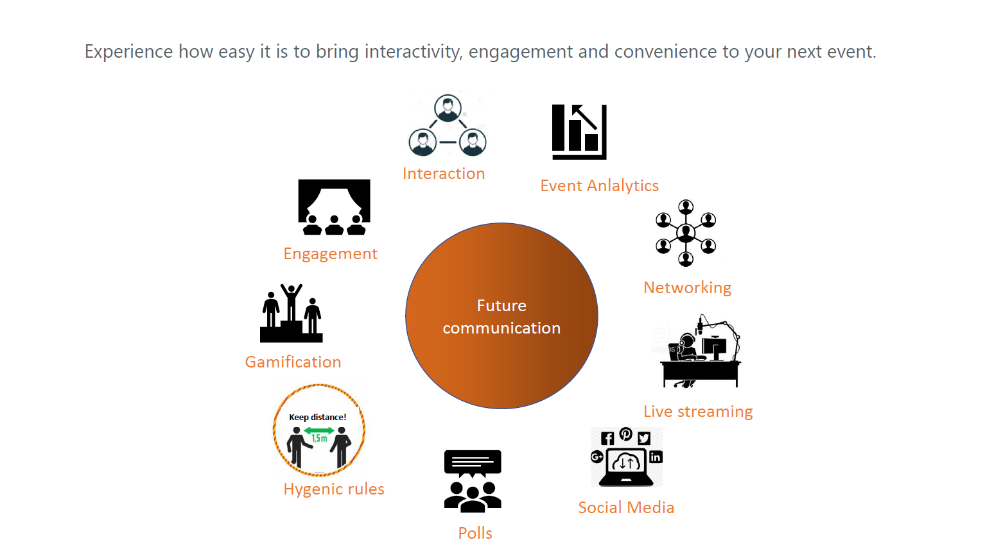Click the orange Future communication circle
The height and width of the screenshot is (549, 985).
[x=501, y=316]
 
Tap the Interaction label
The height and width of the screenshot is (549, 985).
[x=444, y=173]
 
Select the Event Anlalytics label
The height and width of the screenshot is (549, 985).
[x=599, y=186]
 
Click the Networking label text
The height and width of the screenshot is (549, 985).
[x=687, y=288]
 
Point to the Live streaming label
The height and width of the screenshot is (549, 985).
[x=698, y=412]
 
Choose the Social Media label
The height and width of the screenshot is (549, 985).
[x=626, y=508]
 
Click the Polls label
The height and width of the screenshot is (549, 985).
[x=475, y=533]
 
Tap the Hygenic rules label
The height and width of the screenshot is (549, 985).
[x=334, y=489]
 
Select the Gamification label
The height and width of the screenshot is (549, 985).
[x=293, y=362]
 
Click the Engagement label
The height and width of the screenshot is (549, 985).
[x=330, y=254]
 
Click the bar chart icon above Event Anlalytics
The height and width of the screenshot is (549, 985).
[x=579, y=131]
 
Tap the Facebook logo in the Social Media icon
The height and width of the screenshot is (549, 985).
[x=607, y=438]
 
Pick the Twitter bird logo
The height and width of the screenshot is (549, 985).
[x=644, y=438]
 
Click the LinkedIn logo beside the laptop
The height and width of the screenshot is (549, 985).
[x=656, y=457]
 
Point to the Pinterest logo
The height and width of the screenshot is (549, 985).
[x=626, y=434]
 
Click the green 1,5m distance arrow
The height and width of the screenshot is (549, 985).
[x=319, y=430]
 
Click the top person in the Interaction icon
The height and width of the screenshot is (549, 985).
[x=448, y=108]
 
